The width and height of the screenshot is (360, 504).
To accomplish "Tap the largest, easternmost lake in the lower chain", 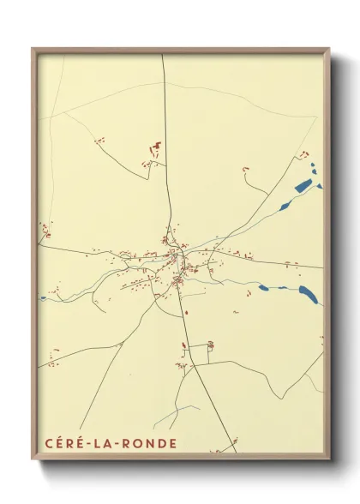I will click(309, 295).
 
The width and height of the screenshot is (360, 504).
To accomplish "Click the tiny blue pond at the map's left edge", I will click(42, 298).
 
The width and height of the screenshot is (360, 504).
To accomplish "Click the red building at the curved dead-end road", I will click(246, 169).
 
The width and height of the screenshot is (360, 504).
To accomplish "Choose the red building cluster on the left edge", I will click(45, 230).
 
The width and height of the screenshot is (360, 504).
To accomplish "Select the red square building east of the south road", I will click(210, 345).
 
